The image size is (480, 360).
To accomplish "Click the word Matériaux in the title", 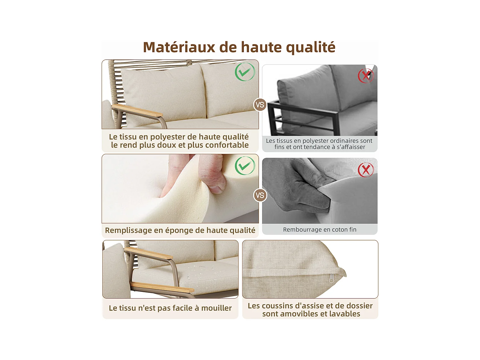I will click(x=179, y=47).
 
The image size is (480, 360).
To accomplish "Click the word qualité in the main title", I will click(x=310, y=47).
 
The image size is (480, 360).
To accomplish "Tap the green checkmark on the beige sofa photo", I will click(x=245, y=72).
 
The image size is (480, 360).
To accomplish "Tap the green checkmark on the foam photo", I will click(x=245, y=166).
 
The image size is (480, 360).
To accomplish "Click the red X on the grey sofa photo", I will click(x=365, y=76).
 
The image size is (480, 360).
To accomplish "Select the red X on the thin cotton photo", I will click(x=365, y=170).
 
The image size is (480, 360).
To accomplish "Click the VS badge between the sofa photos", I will click(x=260, y=105).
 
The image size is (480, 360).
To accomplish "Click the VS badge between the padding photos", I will click(x=260, y=195).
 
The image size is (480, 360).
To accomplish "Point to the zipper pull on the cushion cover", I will click(x=332, y=280).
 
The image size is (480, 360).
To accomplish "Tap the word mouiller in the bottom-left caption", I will click(x=216, y=308).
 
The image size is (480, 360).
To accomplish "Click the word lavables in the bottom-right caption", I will click(x=345, y=314).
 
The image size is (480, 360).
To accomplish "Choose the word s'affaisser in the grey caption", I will click(x=351, y=147).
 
